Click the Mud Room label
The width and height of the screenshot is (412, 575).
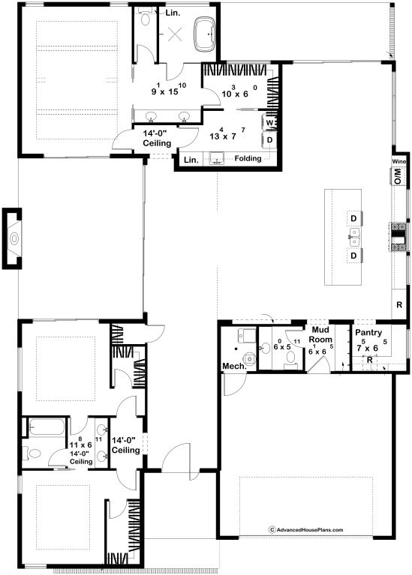coord(320,335)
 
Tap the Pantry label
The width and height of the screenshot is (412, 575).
coord(368,333)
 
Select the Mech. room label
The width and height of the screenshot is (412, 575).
coord(234,366)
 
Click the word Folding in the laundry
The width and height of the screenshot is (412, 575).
coord(248,158)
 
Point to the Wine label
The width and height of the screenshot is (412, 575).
coord(398,161)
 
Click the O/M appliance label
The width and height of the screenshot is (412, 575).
coord(398,176)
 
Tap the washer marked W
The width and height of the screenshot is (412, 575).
coord(269,122)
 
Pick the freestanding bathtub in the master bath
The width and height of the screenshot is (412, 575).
coord(205,34)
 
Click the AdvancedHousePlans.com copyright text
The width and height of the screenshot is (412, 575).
coord(306,529)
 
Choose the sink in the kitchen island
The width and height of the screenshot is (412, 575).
coord(354,237)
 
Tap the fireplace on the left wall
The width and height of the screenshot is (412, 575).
coord(12,238)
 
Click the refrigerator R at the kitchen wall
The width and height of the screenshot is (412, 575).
coord(399,304)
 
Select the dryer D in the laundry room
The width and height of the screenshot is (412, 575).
coord(269,140)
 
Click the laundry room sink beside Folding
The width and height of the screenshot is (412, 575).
coord(217,158)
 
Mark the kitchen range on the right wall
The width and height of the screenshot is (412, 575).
coord(398,237)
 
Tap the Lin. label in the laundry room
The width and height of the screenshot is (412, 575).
coord(191,160)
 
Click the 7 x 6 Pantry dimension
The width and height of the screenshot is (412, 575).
coord(371,346)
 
